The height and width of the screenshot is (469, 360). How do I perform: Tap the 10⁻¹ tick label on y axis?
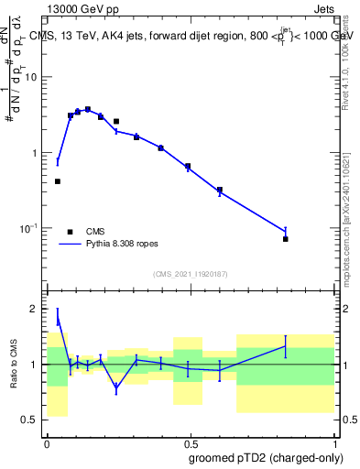(29, 228)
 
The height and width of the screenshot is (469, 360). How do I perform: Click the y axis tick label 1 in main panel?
(37, 153)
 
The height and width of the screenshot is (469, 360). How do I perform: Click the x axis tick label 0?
(47, 442)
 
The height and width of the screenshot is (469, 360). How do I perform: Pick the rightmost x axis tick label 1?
(333, 442)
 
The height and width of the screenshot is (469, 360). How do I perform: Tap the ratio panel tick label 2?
(37, 310)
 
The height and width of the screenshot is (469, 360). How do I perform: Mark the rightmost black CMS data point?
(286, 239)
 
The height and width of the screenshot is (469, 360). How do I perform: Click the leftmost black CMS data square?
(58, 181)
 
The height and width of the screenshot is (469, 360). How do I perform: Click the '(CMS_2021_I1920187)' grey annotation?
(190, 274)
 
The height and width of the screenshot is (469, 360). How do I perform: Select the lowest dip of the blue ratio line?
(116, 388)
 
